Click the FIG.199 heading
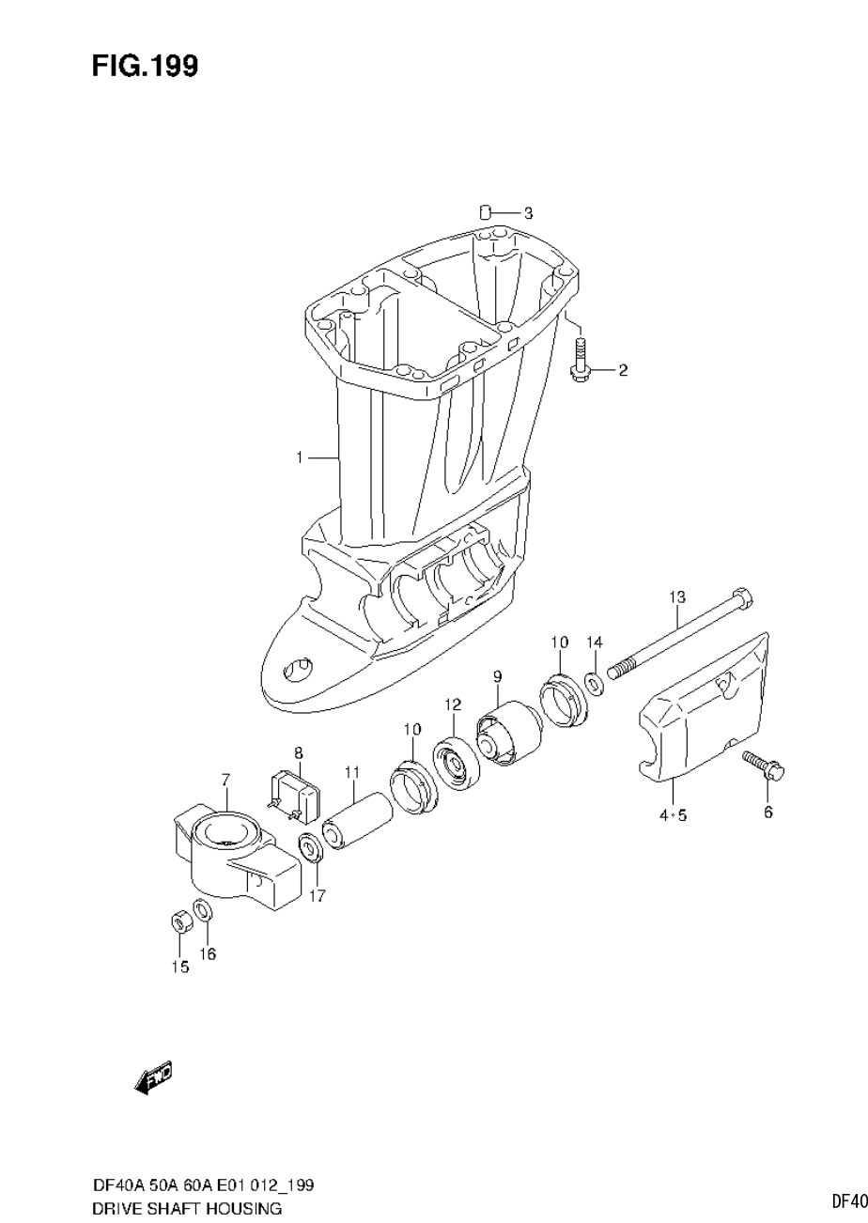click(x=145, y=67)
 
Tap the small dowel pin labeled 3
click(x=486, y=212)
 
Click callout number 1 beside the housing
click(x=300, y=457)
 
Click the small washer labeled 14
click(x=595, y=681)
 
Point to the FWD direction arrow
click(x=154, y=1078)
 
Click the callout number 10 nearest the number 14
click(x=559, y=642)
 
